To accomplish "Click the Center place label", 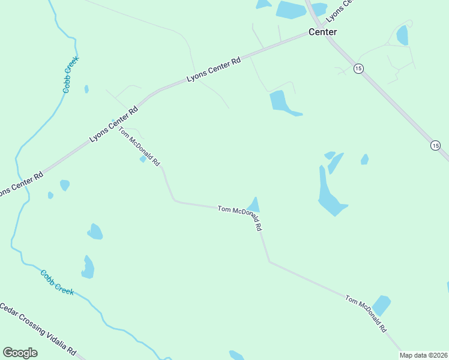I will click(x=322, y=32).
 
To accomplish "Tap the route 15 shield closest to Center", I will click(x=358, y=68).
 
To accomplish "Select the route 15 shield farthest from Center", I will click(x=435, y=145).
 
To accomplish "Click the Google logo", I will click(x=20, y=353).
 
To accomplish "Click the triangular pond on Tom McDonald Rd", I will click(x=254, y=205).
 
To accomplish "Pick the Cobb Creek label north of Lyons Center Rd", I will click(x=71, y=74).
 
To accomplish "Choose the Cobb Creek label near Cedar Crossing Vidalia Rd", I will click(x=57, y=282).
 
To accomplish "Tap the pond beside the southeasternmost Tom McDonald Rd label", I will click(x=381, y=305).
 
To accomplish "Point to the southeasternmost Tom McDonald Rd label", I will click(x=366, y=314).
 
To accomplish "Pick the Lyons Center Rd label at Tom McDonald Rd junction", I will click(x=113, y=125).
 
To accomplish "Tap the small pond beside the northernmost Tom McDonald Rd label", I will click(x=143, y=159).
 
